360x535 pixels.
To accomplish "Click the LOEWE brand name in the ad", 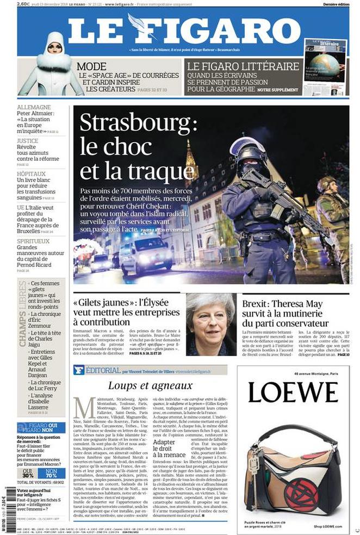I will (x=293, y=392).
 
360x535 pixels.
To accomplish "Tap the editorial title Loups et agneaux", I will (x=150, y=385).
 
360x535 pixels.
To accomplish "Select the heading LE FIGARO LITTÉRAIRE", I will (x=243, y=66).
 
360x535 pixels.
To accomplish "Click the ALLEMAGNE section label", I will (x=34, y=108).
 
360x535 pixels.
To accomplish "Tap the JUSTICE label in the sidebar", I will (x=28, y=140).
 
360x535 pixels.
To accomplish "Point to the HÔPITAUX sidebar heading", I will (x=31, y=174).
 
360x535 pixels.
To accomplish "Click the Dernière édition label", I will (x=335, y=4).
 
